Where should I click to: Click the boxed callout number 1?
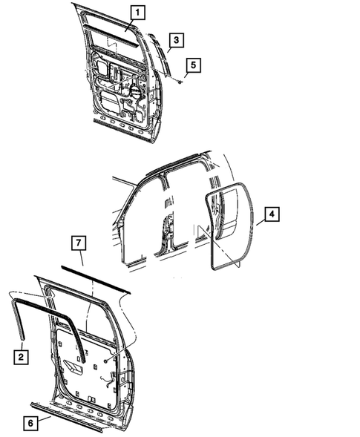(139, 11)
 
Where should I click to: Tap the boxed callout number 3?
(174, 39)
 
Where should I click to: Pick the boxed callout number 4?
(272, 214)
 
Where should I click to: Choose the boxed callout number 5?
(191, 65)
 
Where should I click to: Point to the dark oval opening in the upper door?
(136, 91)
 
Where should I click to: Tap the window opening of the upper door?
(111, 30)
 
